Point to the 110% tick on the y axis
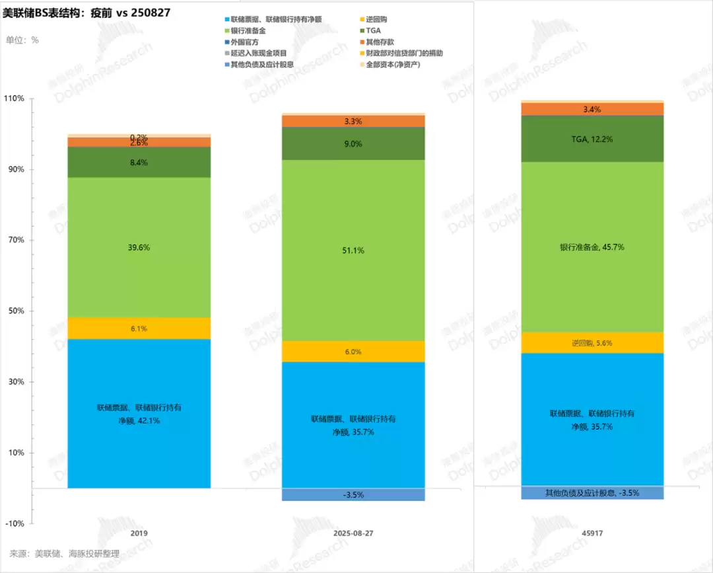click(15, 98)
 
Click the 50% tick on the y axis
click(17, 311)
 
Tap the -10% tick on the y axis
click(15, 523)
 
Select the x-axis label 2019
click(139, 533)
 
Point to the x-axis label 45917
click(592, 533)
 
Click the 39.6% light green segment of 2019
click(139, 247)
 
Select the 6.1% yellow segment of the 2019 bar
click(139, 328)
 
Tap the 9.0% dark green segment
click(353, 143)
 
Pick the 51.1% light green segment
click(353, 250)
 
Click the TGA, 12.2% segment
click(592, 139)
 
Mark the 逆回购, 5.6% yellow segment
click(592, 343)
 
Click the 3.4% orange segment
click(592, 109)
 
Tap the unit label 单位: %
click(23, 40)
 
